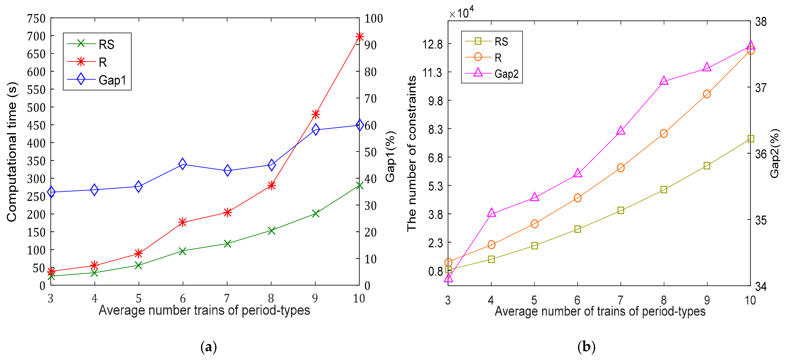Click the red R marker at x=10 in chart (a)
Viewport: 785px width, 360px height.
tap(359, 37)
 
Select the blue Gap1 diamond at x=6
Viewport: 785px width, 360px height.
tap(182, 164)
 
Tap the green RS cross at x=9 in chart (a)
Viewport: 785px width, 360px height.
tap(315, 213)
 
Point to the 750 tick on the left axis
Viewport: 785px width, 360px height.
tap(36, 19)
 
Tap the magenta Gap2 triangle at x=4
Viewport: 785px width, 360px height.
tap(491, 213)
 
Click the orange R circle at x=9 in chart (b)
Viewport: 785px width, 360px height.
tap(707, 94)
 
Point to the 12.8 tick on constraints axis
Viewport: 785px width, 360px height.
tap(432, 44)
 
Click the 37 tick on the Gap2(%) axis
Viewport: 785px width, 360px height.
tap(761, 88)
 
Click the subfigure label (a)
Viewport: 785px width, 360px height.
tap(209, 347)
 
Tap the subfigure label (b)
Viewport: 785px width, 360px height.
tap(586, 347)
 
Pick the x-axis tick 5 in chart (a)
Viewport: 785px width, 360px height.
tap(139, 298)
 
